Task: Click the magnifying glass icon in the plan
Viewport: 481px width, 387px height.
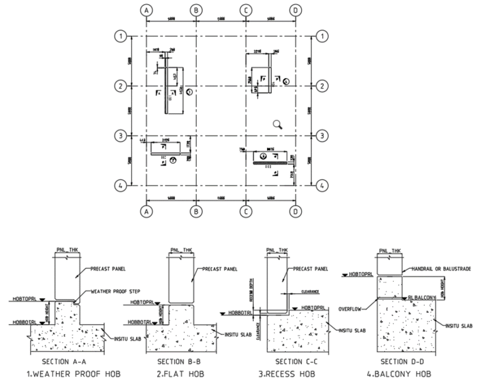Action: click(278, 123)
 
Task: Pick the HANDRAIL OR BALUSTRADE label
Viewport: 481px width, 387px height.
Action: click(435, 269)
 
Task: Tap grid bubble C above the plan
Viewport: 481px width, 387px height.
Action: click(246, 10)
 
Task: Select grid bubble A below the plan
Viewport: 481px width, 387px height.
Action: click(147, 211)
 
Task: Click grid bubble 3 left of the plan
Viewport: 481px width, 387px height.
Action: click(120, 136)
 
